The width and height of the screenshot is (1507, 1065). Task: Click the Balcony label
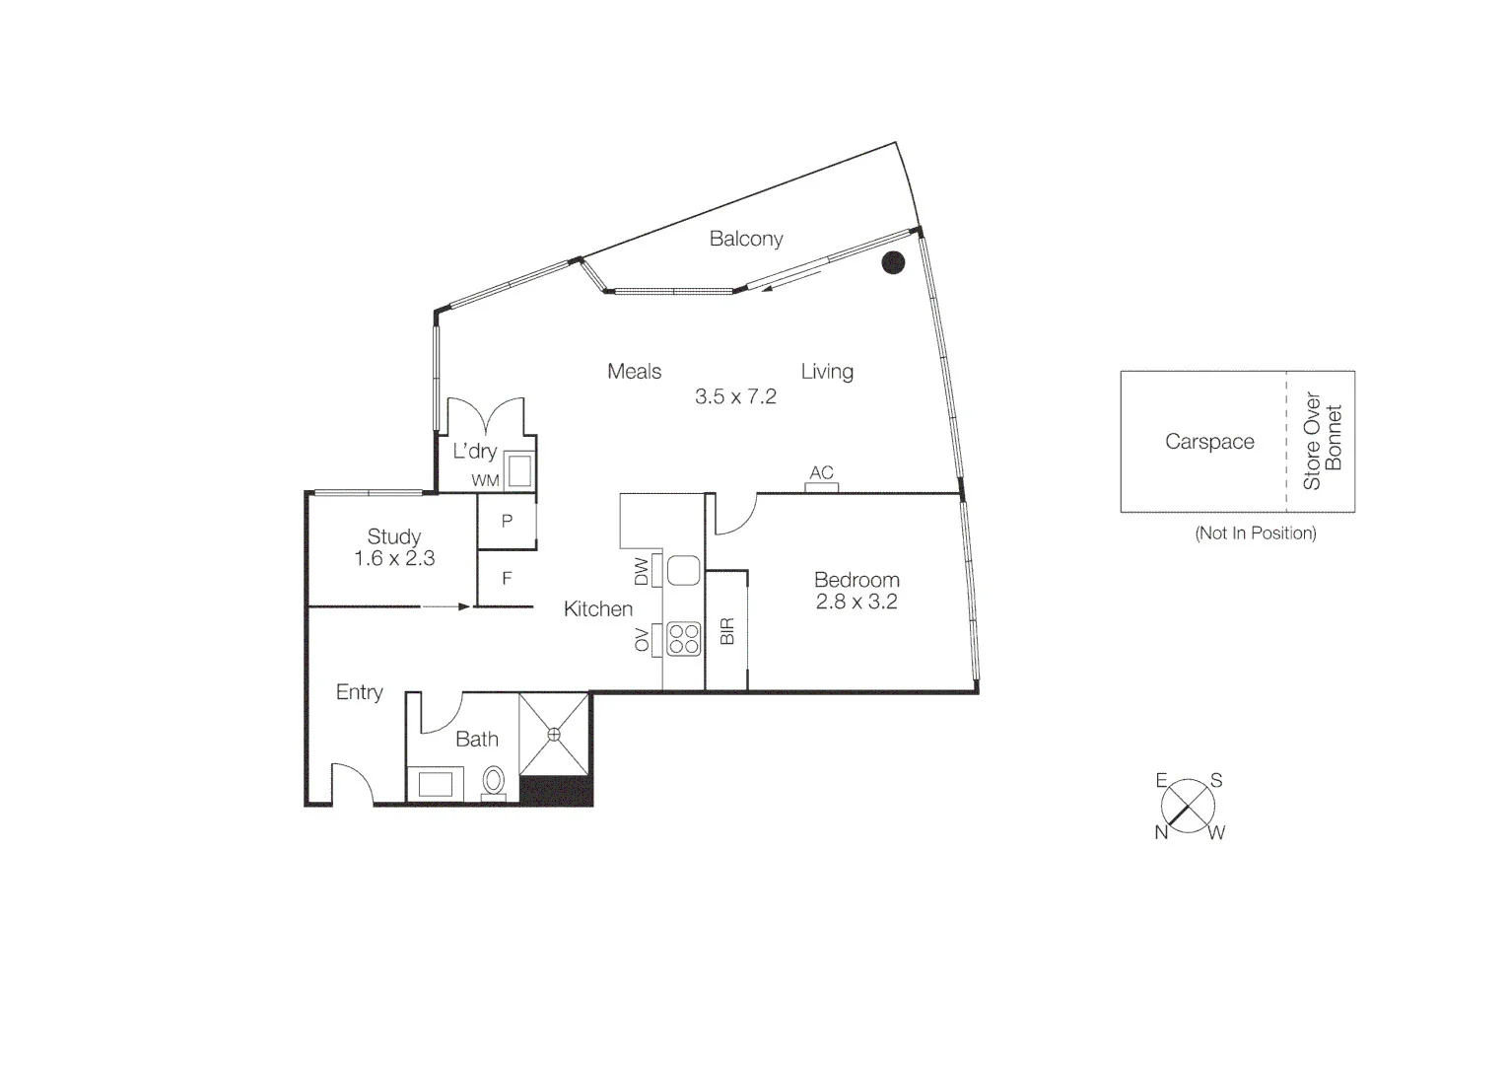pos(746,239)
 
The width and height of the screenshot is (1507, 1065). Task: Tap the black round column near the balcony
pos(893,262)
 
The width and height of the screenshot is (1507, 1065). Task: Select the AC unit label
pos(821,473)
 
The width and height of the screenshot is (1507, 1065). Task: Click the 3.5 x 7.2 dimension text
pos(735,396)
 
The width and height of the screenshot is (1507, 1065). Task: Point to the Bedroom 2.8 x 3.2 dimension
pos(856,602)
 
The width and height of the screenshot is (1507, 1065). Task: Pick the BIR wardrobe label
pos(727,631)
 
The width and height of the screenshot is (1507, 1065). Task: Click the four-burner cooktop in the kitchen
pos(683,639)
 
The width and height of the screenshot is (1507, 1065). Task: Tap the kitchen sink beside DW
pos(683,570)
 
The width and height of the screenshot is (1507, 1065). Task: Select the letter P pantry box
pos(507,521)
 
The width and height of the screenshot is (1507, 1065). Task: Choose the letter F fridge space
pos(507,579)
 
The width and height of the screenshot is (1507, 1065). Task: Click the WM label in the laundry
pos(485,480)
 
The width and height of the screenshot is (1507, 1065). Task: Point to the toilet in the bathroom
pos(494,782)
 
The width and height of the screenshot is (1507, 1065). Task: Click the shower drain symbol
pos(554,734)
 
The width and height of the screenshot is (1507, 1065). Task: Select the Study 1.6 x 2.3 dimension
pos(394,558)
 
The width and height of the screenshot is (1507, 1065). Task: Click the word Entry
pos(359,692)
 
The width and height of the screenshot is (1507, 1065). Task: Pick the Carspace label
pos(1209,442)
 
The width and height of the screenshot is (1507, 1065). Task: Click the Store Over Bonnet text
pos(1322,441)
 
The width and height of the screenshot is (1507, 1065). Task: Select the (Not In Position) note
pos(1255,533)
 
